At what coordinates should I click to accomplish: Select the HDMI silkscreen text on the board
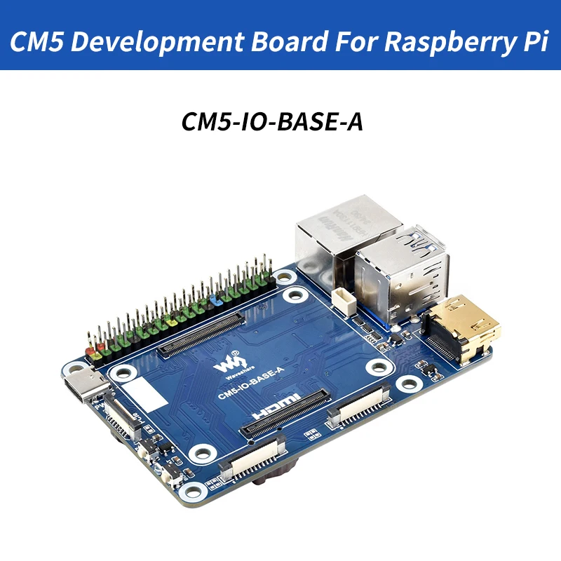pos(278,408)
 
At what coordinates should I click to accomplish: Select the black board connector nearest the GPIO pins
pos(201,335)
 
